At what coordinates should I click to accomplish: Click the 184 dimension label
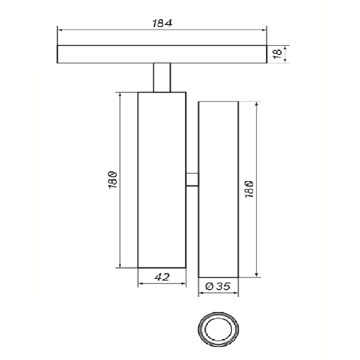(162, 23)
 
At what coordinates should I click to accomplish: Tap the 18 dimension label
(277, 53)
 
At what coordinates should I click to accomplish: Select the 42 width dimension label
(162, 277)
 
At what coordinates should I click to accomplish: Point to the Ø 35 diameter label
(217, 286)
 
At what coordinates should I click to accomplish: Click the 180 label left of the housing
(113, 180)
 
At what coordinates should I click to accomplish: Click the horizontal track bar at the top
(162, 54)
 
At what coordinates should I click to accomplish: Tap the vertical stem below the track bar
(162, 77)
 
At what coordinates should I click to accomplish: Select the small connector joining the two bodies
(192, 179)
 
